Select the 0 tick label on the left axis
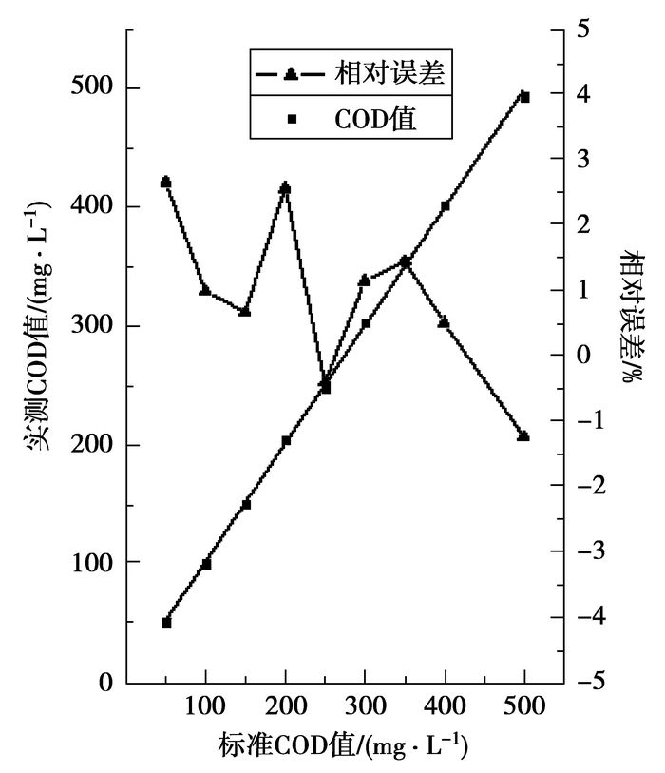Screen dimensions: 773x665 [x=107, y=683]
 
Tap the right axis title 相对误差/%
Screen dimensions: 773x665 [x=631, y=315]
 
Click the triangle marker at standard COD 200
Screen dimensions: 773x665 [x=285, y=187]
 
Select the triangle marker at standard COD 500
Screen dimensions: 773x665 [x=523, y=435]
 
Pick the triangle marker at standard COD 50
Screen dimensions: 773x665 [x=165, y=181]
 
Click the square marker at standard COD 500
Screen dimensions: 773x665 [x=524, y=97]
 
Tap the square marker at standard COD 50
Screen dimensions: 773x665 [x=166, y=623]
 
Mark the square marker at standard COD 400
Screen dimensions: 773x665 [x=445, y=205]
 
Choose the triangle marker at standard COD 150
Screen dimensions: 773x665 [x=245, y=311]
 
